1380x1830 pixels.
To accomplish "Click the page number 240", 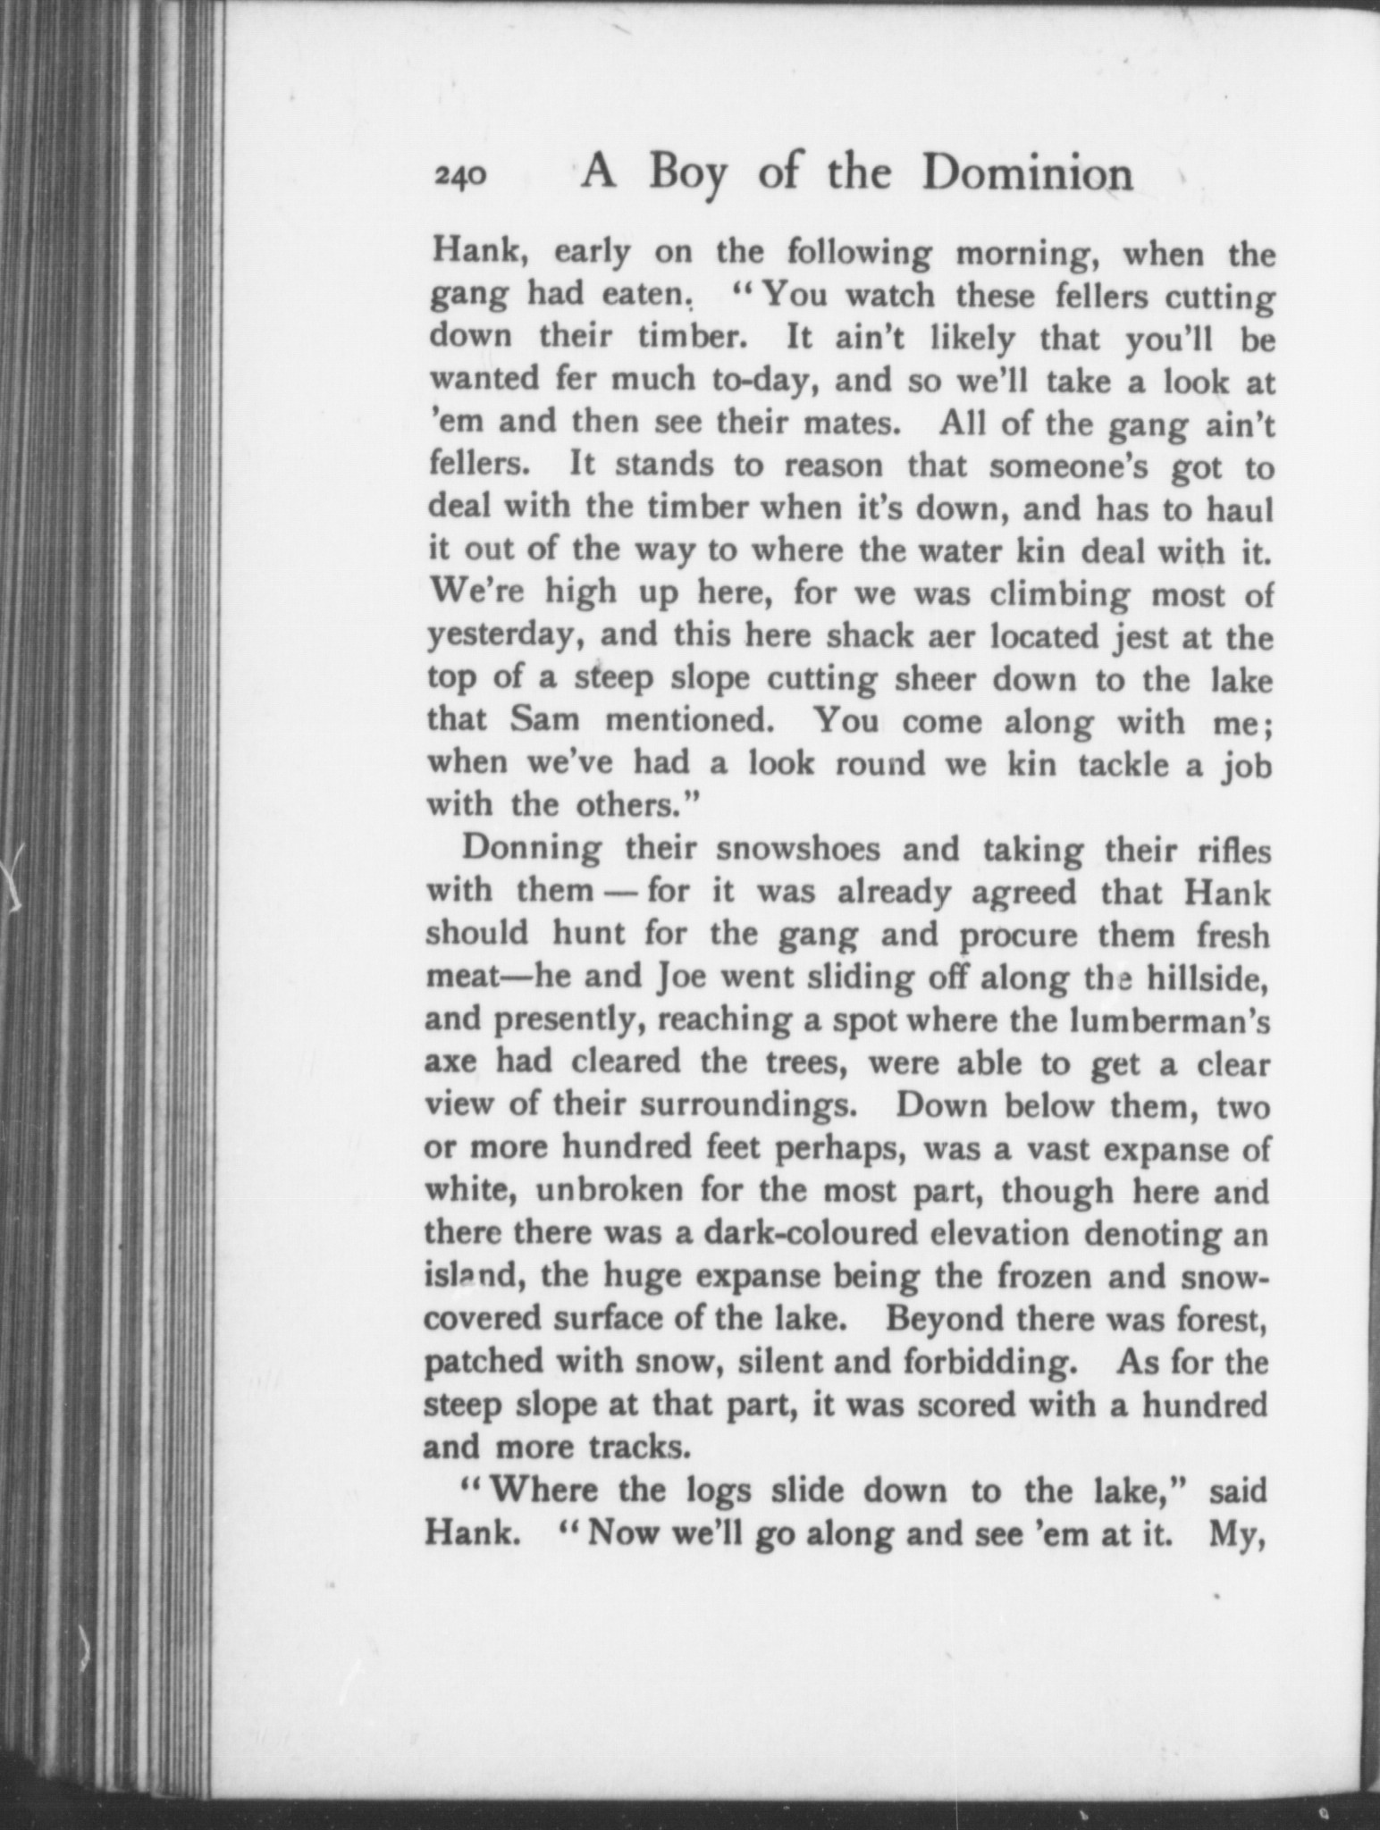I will coord(460,176).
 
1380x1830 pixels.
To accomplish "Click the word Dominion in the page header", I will coord(1028,174).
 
